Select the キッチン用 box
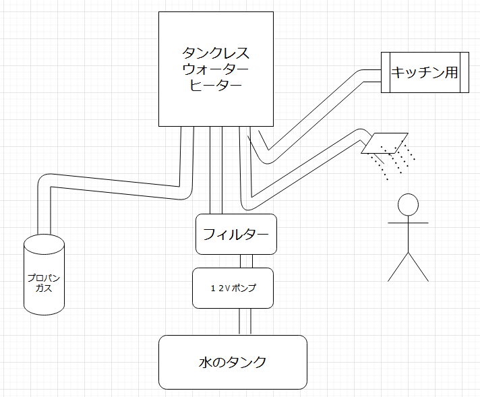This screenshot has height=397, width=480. coord(425,72)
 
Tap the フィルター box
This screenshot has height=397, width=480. coord(236,235)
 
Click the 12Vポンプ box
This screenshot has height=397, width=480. coord(233,288)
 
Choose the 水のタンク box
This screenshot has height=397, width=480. coord(233,362)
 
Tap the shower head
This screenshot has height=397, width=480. coord(384,142)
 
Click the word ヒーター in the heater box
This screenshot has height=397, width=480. coord(216,86)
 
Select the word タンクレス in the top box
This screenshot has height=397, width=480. coord(216,53)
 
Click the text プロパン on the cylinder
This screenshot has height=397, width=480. coord(44,277)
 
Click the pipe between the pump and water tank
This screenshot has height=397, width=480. coord(246,322)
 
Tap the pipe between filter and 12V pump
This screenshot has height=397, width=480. coord(246,261)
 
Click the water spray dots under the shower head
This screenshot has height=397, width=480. coord(394,162)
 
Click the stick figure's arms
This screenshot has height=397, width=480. coord(408,222)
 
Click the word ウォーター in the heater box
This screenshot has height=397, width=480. coord(216,69)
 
